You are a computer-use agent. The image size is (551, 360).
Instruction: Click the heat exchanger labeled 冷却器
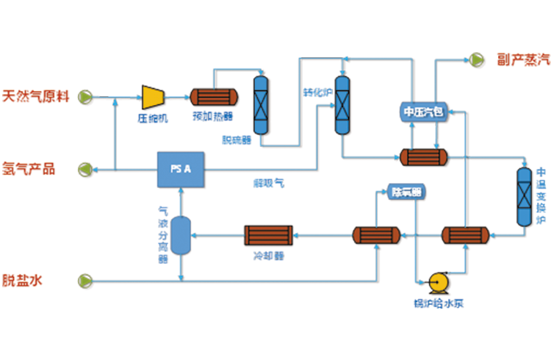pos(269,235)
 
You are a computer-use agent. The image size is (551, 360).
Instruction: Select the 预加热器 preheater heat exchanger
pos(214,96)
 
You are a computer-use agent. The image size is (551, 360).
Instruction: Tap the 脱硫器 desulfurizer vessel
pos(261,104)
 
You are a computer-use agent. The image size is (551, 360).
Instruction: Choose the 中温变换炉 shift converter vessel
pos(524,197)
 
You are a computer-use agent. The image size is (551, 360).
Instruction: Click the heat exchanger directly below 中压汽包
pos(423,156)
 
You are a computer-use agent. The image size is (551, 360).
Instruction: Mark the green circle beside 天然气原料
pos(86,96)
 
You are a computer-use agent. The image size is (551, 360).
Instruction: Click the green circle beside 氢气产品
pos(86,170)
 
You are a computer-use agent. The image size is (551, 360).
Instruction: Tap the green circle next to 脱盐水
pos(86,280)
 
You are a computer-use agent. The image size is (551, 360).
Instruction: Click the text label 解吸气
pos(269,184)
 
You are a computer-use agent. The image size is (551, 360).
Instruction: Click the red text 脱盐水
pos(38,280)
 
